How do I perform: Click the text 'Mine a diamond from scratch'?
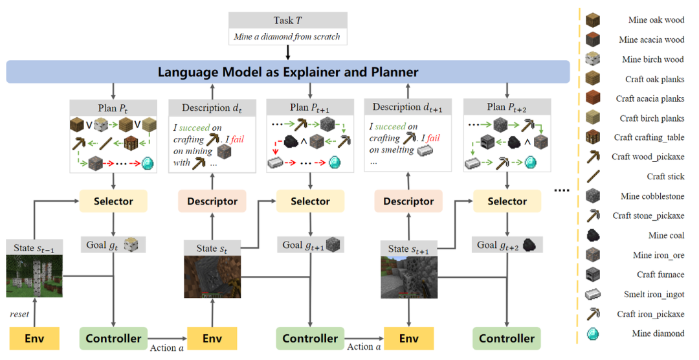287,37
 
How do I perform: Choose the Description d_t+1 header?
408,107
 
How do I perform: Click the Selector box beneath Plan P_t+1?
310,201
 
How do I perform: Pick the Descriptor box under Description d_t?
212,201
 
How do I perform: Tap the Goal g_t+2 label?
507,245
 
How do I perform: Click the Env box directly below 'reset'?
34,338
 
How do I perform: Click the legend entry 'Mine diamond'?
657,333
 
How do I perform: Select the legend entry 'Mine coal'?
666,236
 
